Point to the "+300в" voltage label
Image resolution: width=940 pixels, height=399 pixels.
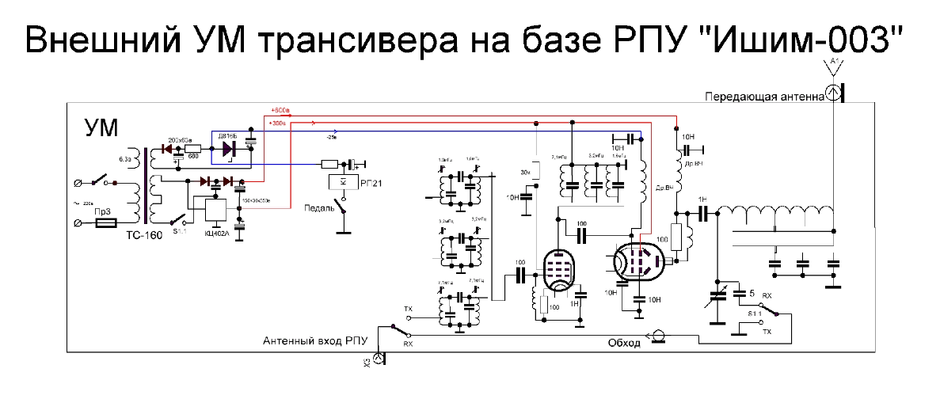pyautogui.click(x=277, y=123)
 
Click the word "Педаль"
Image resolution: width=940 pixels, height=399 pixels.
pyautogui.click(x=318, y=208)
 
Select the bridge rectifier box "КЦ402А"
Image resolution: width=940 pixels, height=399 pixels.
pyautogui.click(x=216, y=210)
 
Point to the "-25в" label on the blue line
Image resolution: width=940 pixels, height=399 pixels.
pyautogui.click(x=331, y=137)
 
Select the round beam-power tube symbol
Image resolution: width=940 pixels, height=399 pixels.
pyautogui.click(x=638, y=261)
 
